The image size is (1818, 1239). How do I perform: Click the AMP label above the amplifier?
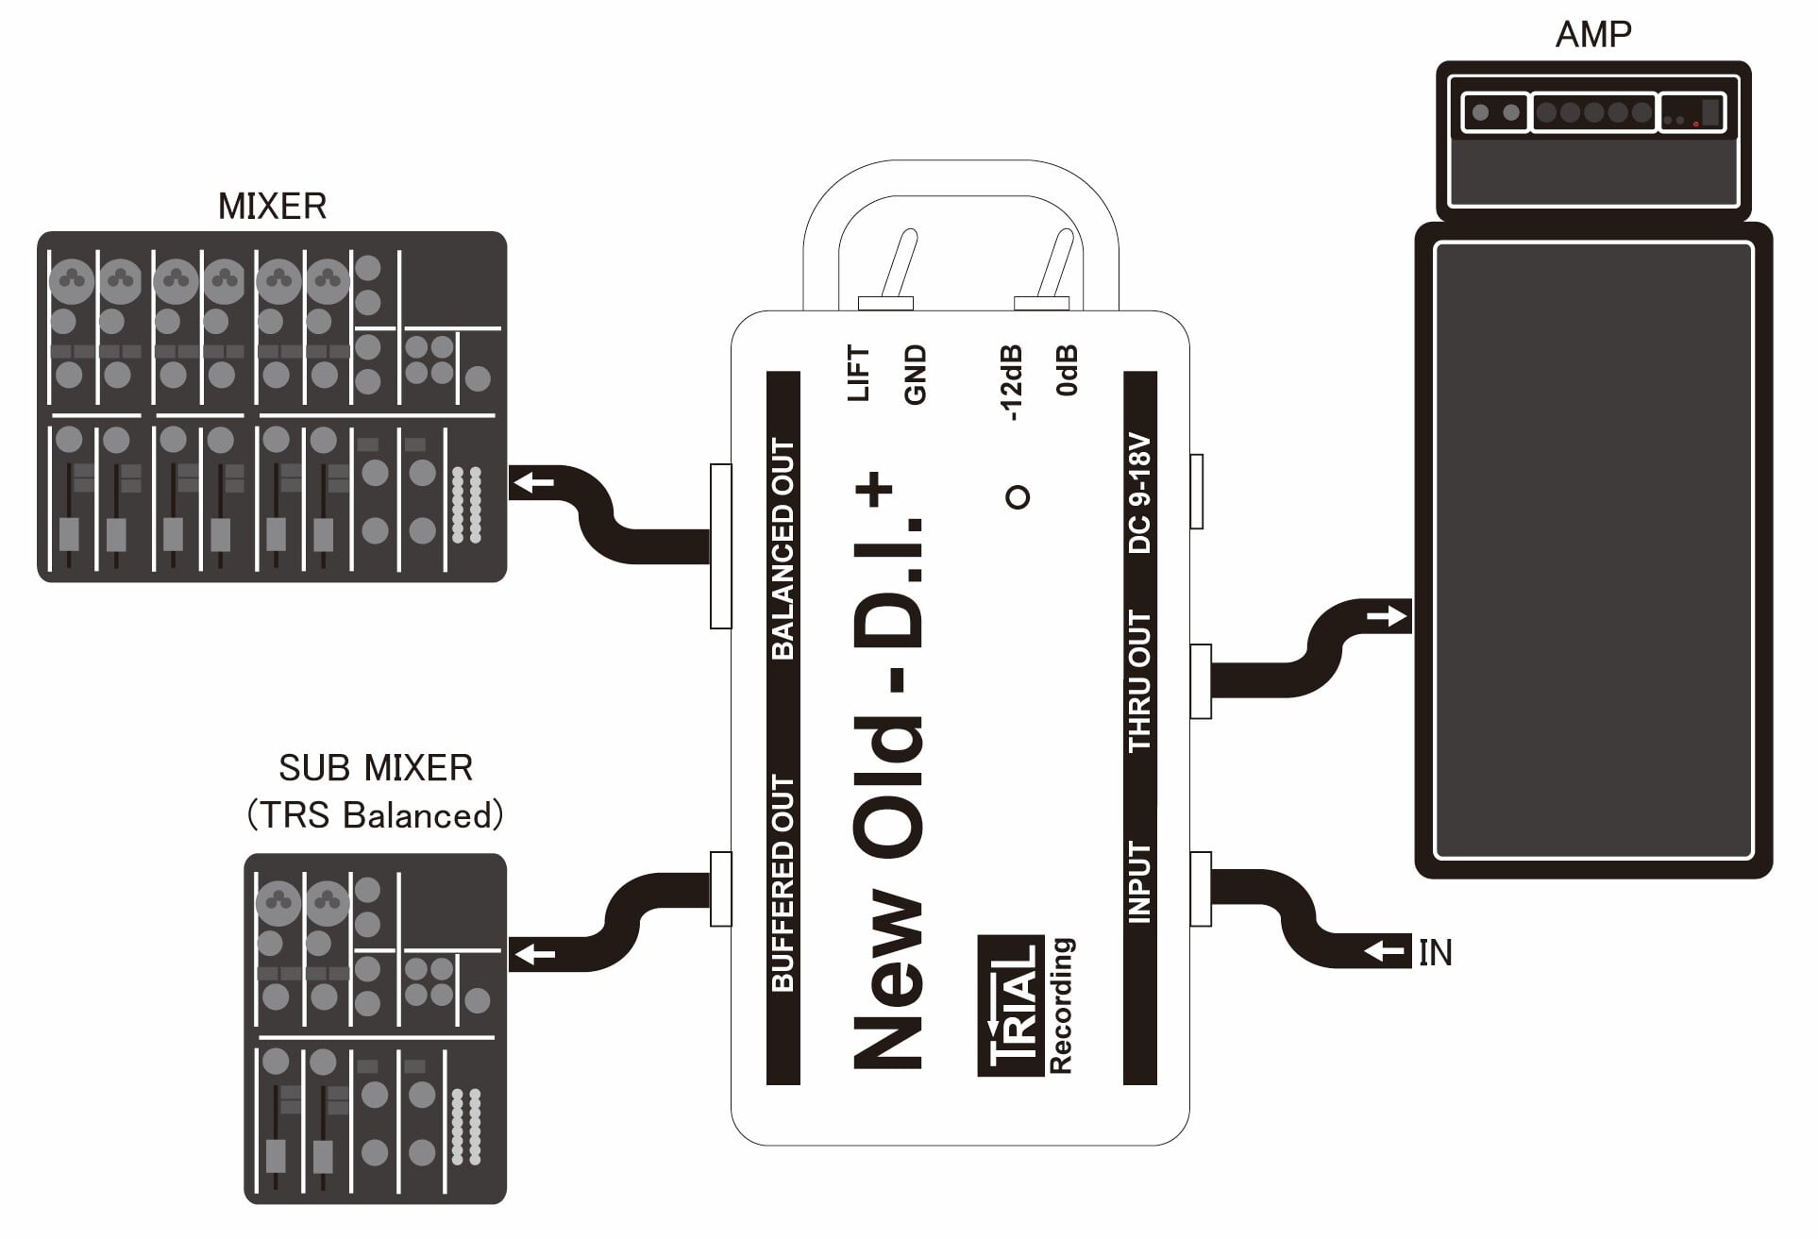tap(1592, 34)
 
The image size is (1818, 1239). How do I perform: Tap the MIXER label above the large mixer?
tap(272, 207)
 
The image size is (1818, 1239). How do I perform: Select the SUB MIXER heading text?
tap(376, 768)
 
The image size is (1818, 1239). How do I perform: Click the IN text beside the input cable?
tap(1435, 953)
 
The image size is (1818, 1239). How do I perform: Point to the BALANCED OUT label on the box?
tap(783, 548)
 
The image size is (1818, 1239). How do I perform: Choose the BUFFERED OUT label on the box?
tap(783, 883)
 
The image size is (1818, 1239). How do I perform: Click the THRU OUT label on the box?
tap(1140, 680)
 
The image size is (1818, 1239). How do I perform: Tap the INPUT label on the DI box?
tap(1140, 882)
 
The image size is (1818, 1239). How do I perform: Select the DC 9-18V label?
tap(1140, 494)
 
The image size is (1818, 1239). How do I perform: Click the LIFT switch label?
tap(859, 375)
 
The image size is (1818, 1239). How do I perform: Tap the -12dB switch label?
tap(1011, 382)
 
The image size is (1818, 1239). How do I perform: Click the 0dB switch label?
tap(1067, 370)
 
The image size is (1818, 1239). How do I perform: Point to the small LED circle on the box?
tap(1018, 496)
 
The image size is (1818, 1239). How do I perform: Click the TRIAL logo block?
tap(1011, 1005)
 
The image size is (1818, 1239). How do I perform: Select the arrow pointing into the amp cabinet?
tap(1387, 617)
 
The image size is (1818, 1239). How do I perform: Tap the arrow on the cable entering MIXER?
tap(534, 484)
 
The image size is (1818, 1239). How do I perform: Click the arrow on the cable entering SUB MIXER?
tap(534, 954)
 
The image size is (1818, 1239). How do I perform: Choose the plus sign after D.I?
tap(875, 489)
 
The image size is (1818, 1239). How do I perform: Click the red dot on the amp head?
tap(1696, 124)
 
